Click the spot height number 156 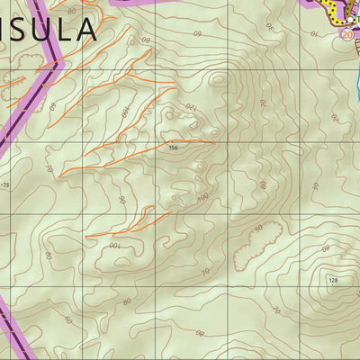click(x=173, y=148)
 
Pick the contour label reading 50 click(x=257, y=229)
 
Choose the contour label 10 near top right click(x=315, y=33)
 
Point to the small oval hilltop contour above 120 click(x=216, y=79)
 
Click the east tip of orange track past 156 click(x=215, y=140)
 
